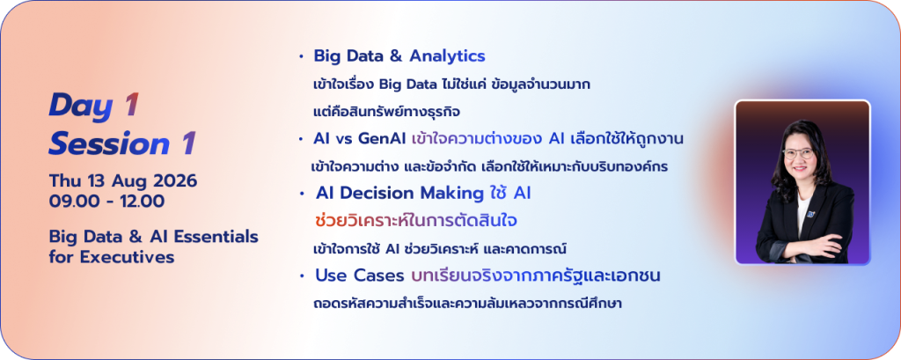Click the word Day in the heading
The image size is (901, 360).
point(79,106)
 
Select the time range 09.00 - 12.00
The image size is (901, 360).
point(106,202)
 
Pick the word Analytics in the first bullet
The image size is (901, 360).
point(447,56)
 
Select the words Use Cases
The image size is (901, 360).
point(360,276)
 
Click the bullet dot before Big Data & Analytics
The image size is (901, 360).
point(301,57)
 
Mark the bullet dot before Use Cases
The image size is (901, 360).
point(302,276)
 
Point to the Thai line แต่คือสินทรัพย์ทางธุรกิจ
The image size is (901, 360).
point(386,111)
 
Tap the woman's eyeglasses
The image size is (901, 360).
point(798,153)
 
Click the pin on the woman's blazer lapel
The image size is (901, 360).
point(810,215)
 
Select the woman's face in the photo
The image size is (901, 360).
point(798,154)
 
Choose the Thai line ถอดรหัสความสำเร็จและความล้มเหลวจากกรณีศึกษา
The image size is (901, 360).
point(468,304)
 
